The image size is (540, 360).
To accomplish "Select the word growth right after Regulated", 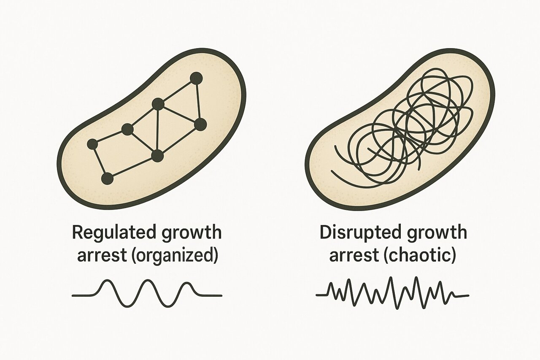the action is click(x=192, y=233).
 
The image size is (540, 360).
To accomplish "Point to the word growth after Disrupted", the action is click(x=437, y=233).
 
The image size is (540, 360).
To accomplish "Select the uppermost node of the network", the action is click(x=196, y=78).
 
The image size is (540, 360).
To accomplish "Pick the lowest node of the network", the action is click(x=107, y=179).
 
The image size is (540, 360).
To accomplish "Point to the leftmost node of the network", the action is click(x=92, y=144).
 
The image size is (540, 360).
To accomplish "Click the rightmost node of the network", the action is click(x=200, y=125).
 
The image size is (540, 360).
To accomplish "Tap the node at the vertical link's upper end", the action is click(x=158, y=104).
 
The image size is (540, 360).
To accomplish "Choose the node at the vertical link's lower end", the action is click(x=158, y=156).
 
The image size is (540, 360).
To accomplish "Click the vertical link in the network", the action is click(x=158, y=130).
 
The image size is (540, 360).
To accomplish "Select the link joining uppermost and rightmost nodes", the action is click(x=198, y=101).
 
